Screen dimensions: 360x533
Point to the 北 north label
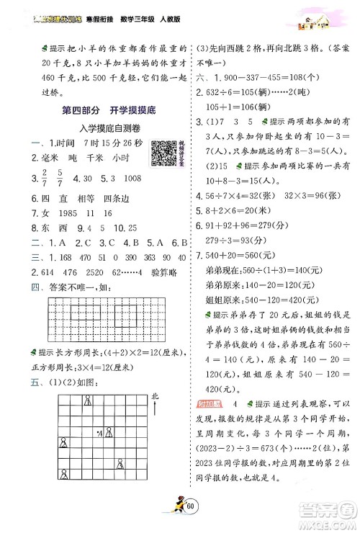point(155,395)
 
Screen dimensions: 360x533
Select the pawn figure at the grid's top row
point(88,400)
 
